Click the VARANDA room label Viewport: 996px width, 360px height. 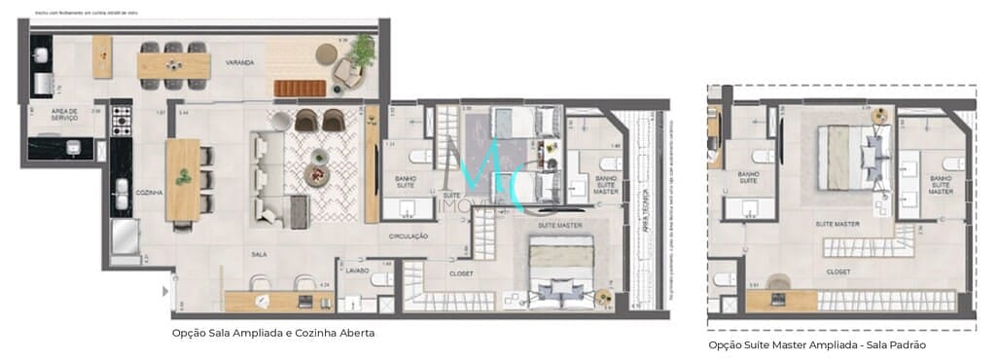tap(239, 63)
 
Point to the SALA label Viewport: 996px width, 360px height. tap(260, 255)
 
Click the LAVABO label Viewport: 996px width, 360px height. tap(357, 270)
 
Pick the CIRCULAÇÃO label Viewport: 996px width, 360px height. tap(409, 235)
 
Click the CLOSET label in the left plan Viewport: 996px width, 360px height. tap(461, 273)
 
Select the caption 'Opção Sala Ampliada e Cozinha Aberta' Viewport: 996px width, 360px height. tap(272, 332)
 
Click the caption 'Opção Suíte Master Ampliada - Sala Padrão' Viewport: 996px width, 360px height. tap(818, 344)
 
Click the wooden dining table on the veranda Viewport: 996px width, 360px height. tap(174, 65)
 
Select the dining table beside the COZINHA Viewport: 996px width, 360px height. tap(182, 180)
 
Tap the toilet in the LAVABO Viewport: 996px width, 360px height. tap(381, 279)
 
